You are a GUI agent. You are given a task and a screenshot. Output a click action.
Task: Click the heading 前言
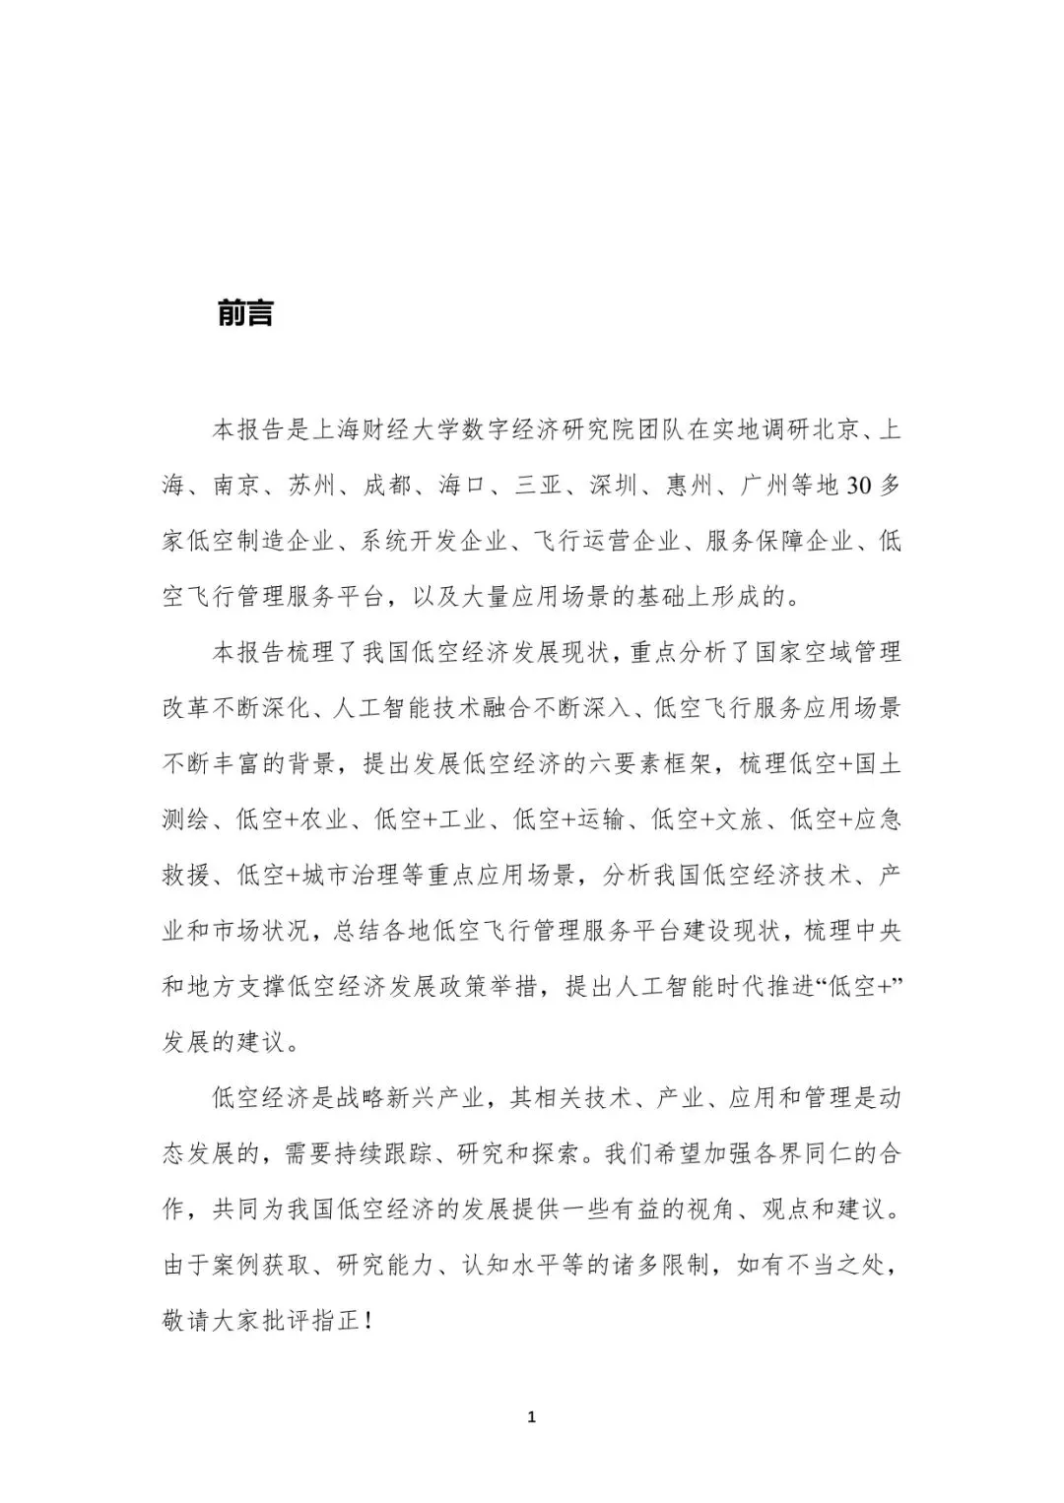pyautogui.click(x=244, y=313)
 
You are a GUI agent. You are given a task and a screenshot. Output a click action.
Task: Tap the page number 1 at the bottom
pyautogui.click(x=532, y=1417)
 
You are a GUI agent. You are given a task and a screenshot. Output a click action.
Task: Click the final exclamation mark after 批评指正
pyautogui.click(x=368, y=1320)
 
